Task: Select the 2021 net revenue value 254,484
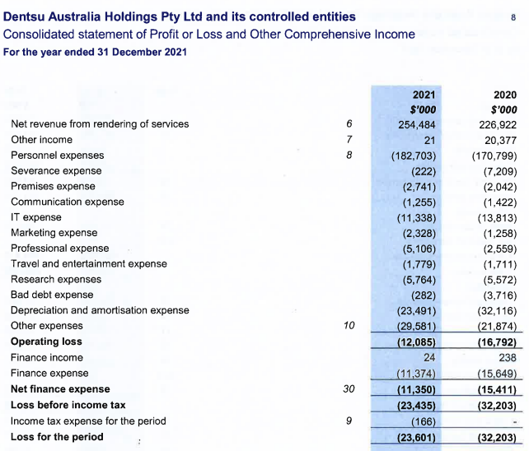point(416,124)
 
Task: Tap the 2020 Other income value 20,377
point(499,140)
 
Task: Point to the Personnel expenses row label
point(57,155)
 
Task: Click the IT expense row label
point(36,217)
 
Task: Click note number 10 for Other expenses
point(349,326)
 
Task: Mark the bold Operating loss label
point(46,342)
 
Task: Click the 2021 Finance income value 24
point(428,357)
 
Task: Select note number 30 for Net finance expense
point(349,388)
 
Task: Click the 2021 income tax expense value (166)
point(421,421)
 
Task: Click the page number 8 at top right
point(513,16)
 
